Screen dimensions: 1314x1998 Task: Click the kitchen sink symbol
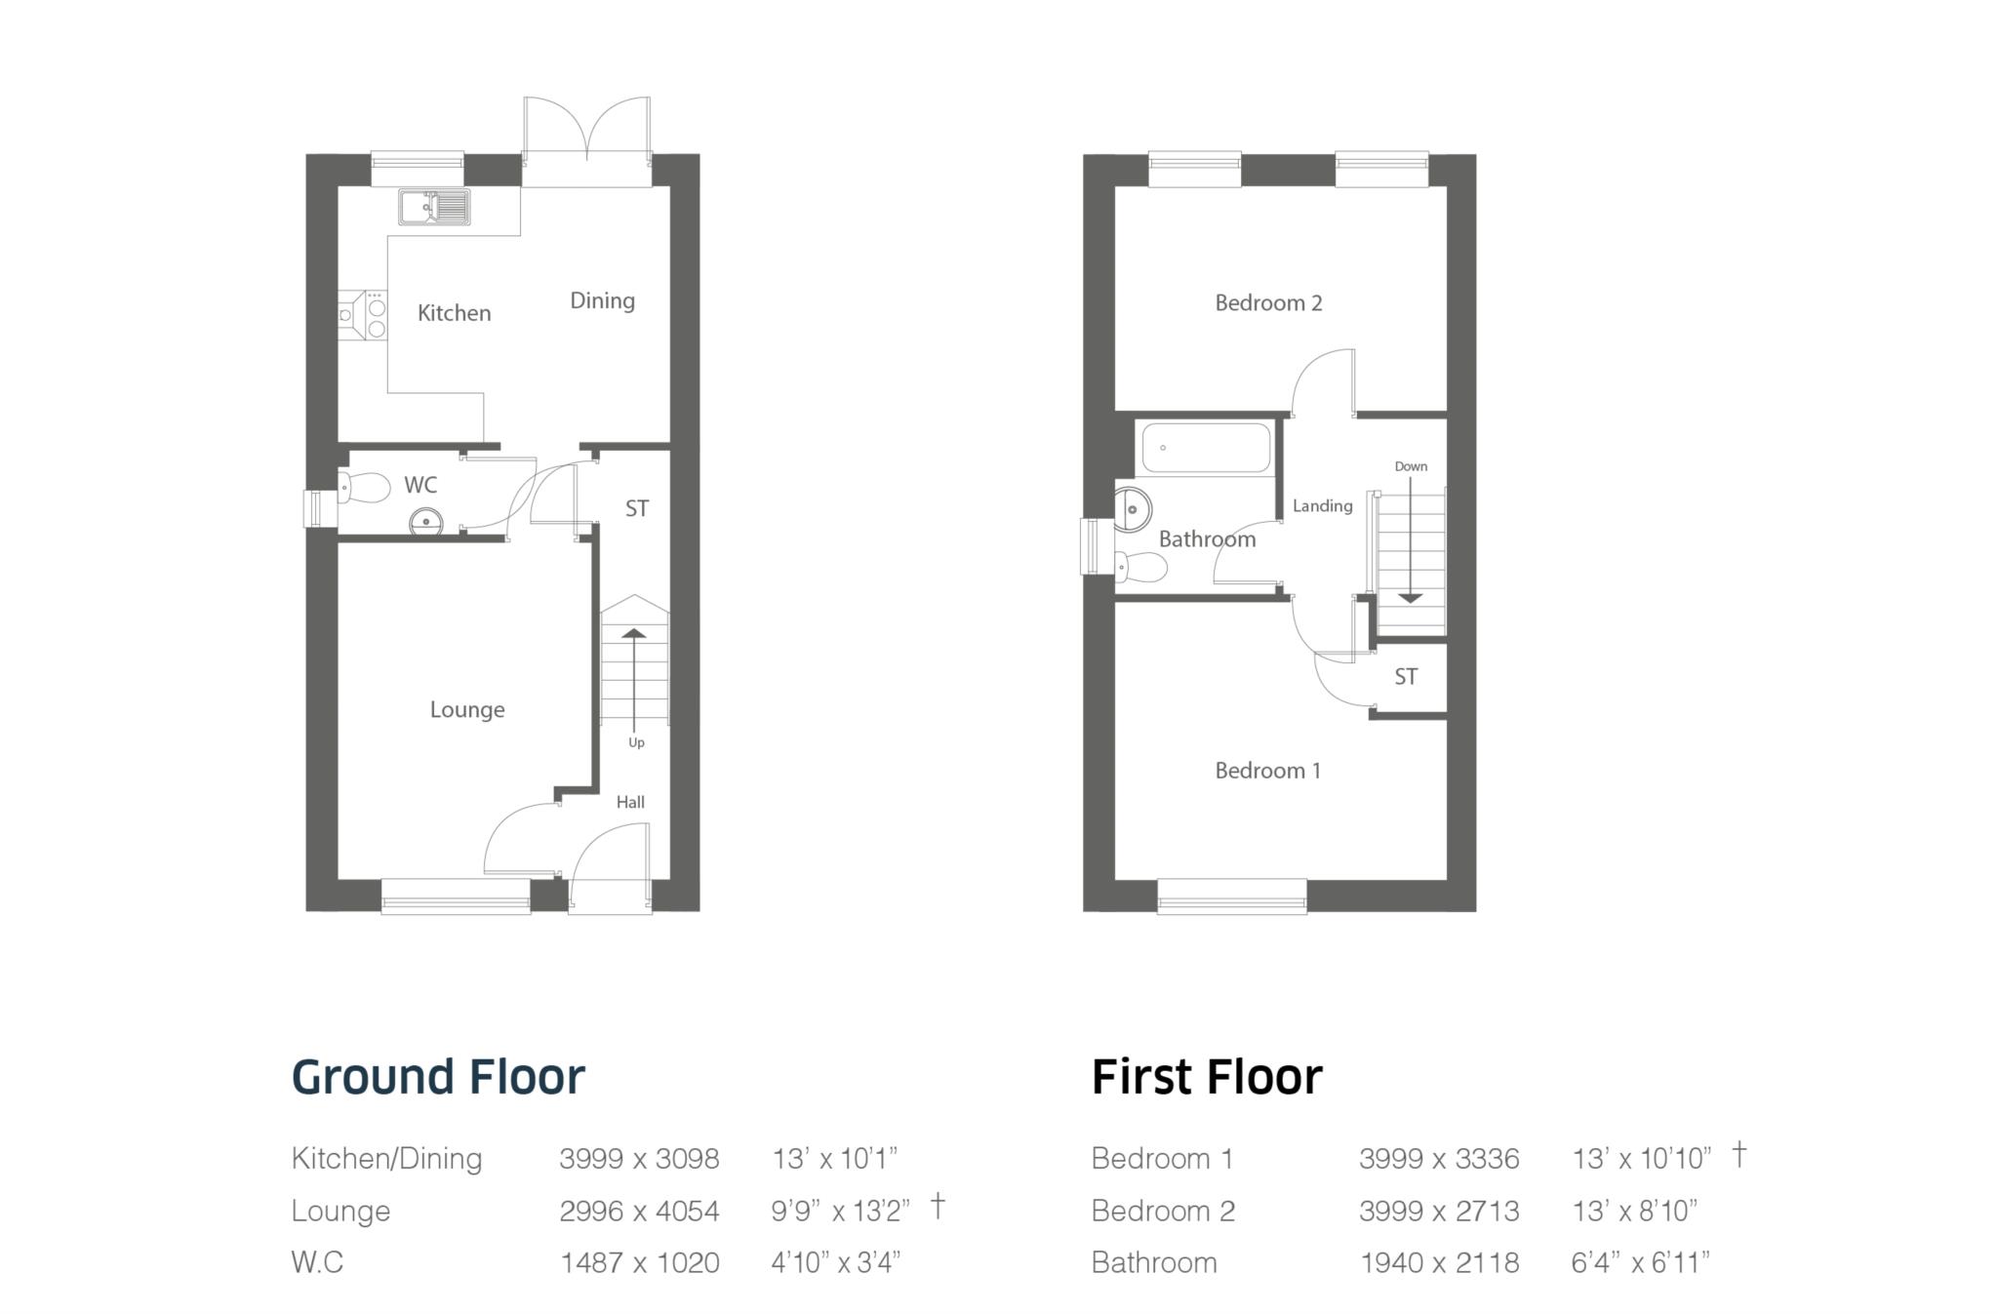[434, 207]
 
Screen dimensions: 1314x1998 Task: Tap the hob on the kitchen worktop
[376, 314]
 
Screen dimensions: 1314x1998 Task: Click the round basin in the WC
[425, 522]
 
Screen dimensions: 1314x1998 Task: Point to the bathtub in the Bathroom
[1206, 448]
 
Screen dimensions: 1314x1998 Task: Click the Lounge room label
[467, 710]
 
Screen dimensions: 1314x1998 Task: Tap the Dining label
[602, 300]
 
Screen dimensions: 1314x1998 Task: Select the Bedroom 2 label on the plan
[1268, 303]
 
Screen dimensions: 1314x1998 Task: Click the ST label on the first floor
[1405, 677]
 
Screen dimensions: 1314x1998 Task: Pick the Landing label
[1322, 505]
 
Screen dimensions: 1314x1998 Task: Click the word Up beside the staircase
[636, 742]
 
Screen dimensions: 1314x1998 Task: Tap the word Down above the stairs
[1410, 466]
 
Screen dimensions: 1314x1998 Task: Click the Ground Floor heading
[438, 1077]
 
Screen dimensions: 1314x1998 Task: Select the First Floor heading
[1207, 1077]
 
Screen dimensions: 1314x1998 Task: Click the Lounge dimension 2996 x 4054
[639, 1211]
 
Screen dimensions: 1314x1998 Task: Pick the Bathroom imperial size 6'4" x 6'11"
[1639, 1262]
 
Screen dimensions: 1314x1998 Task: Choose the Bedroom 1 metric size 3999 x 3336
[1439, 1159]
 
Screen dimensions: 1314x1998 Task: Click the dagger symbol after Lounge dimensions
[937, 1206]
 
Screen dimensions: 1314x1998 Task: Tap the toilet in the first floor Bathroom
[1142, 566]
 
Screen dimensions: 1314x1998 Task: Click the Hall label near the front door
[630, 802]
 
